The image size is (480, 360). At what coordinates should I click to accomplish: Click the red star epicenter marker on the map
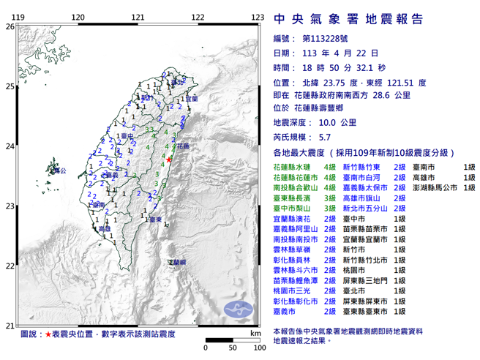click(x=169, y=160)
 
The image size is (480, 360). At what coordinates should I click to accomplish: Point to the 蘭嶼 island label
click(x=176, y=261)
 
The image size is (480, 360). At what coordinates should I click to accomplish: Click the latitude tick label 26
click(x=9, y=26)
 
